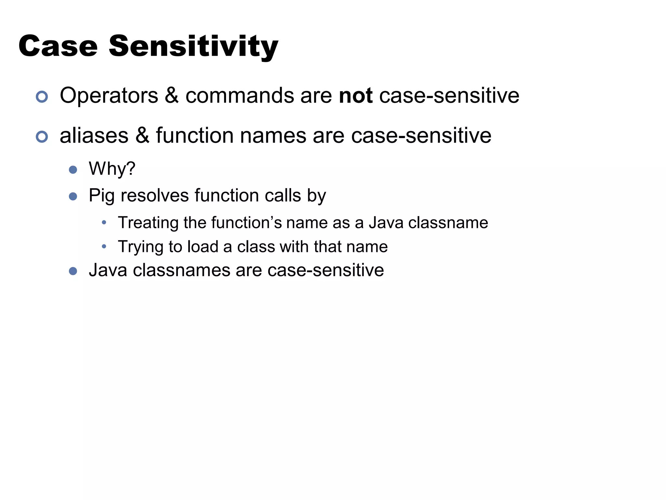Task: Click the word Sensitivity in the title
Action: (193, 47)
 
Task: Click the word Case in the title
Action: (58, 47)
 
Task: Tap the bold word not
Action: (355, 96)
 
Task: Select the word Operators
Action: (109, 96)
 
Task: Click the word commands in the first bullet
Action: (239, 96)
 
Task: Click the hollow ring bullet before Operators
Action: (42, 97)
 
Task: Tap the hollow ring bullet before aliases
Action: (42, 137)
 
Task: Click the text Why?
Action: (112, 169)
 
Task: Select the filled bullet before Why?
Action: (73, 170)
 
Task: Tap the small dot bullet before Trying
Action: (104, 247)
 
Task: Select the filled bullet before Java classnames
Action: (73, 271)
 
